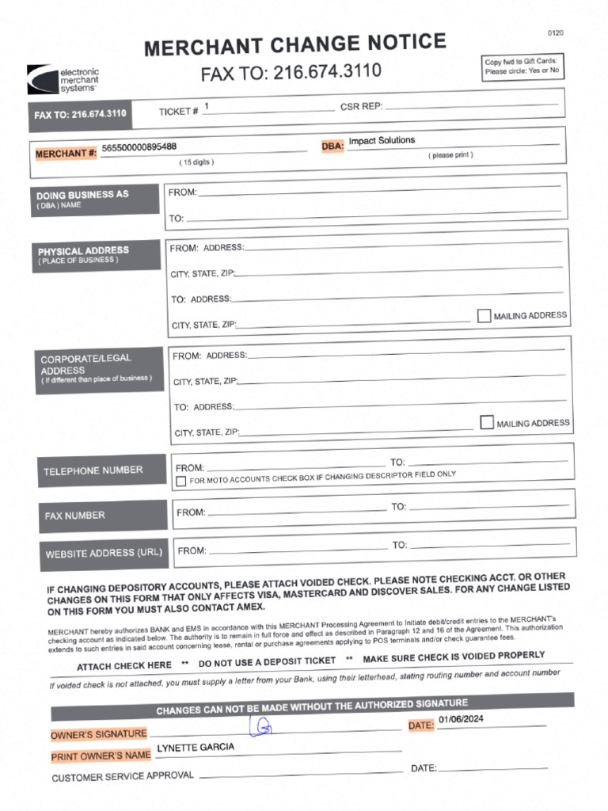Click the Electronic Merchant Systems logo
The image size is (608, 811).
tap(63, 80)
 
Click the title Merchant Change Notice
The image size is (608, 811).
tap(294, 46)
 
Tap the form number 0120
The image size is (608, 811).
tap(555, 32)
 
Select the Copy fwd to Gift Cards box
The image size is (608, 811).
tap(522, 66)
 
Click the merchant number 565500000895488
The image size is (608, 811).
tap(139, 147)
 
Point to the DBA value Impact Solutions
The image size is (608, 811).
tap(382, 140)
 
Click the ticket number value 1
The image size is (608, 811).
tap(207, 106)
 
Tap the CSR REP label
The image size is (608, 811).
tap(361, 107)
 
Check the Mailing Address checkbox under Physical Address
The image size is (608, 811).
tap(484, 316)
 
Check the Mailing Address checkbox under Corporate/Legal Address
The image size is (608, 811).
tap(487, 423)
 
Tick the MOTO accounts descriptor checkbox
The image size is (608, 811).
tap(181, 482)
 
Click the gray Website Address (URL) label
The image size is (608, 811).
tap(104, 554)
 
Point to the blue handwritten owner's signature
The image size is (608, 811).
tap(261, 726)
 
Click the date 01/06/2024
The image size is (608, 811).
tap(461, 720)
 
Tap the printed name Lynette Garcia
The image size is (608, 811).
tap(196, 748)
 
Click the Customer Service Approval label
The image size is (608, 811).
tap(123, 776)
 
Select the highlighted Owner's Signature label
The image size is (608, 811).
tap(99, 734)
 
